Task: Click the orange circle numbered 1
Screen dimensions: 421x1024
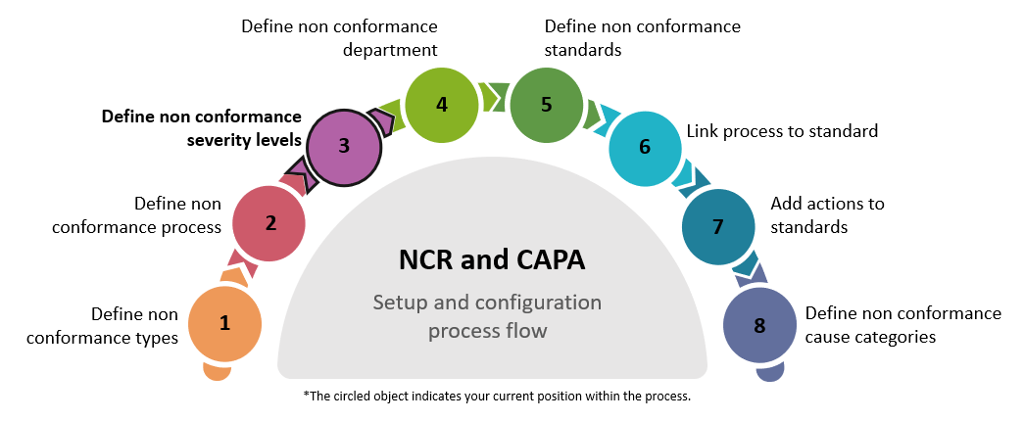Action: tap(224, 323)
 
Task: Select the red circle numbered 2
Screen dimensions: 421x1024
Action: tap(269, 222)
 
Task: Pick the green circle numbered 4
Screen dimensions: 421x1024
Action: tap(442, 103)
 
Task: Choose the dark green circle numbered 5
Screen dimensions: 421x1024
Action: tap(547, 103)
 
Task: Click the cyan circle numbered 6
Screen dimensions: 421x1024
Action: tap(645, 147)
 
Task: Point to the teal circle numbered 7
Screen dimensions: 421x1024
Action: tap(718, 227)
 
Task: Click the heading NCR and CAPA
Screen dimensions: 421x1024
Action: tap(491, 260)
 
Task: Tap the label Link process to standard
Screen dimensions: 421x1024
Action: tap(781, 130)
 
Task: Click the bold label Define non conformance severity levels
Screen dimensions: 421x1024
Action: tap(201, 128)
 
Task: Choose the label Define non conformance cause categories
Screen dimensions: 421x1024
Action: tap(902, 325)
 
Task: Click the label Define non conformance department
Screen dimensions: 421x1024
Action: tap(340, 36)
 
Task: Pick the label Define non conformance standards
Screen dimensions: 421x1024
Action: tap(643, 36)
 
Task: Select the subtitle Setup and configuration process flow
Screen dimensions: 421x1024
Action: tap(487, 316)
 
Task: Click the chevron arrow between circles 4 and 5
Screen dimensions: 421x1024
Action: tap(495, 99)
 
